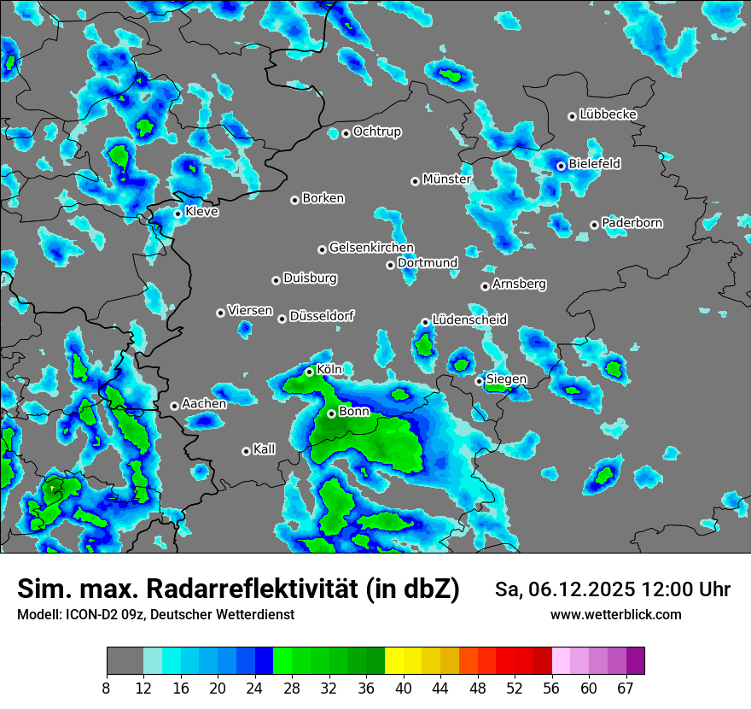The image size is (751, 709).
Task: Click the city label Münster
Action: click(446, 179)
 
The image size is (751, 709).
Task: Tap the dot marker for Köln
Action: click(310, 372)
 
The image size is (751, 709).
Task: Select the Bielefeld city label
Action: click(594, 164)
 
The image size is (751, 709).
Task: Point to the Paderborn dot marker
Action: click(595, 225)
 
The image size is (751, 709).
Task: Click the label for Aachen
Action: click(204, 404)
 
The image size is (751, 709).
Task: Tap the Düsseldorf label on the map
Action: click(322, 316)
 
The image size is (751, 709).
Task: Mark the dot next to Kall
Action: click(247, 451)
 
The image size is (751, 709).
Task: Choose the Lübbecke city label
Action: click(608, 114)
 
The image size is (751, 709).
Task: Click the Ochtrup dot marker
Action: click(346, 133)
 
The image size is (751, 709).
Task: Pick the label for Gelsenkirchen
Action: click(371, 248)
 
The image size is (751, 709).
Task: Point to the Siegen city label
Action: click(506, 379)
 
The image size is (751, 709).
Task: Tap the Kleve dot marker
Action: click(178, 214)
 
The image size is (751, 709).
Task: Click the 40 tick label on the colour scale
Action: click(403, 688)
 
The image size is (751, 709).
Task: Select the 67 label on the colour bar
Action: click(626, 688)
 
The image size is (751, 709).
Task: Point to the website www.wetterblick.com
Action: click(615, 615)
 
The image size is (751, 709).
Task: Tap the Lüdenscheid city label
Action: click(469, 320)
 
